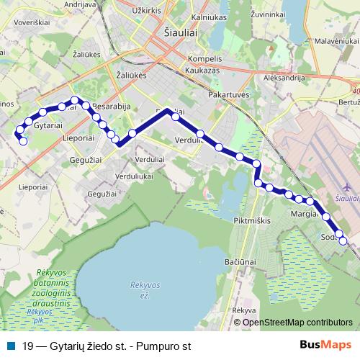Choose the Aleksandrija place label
[285, 76]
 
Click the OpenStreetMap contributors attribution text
[298, 323]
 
